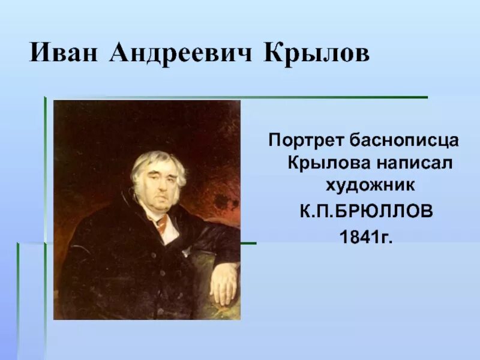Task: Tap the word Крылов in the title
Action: [316, 53]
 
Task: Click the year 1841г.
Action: [365, 237]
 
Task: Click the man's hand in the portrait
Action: [223, 282]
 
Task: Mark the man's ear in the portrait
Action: [136, 186]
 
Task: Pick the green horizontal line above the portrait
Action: [240, 97]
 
